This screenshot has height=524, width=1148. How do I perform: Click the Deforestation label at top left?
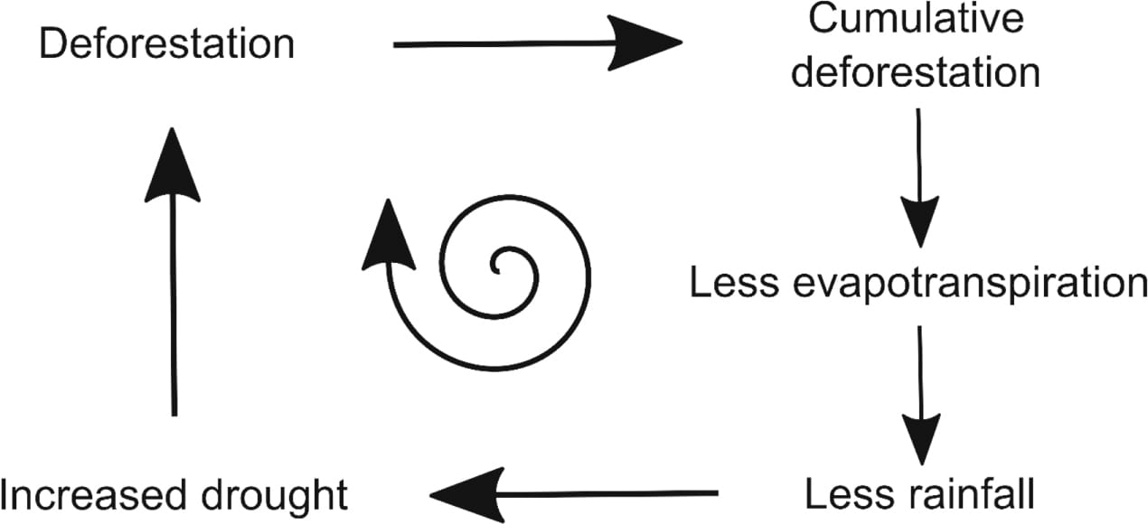166,43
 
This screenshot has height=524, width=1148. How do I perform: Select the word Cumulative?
916,19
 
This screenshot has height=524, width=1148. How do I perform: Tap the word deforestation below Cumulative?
916,73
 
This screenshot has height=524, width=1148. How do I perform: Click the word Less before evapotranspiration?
732,282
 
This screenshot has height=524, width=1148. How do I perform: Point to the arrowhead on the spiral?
388,237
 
